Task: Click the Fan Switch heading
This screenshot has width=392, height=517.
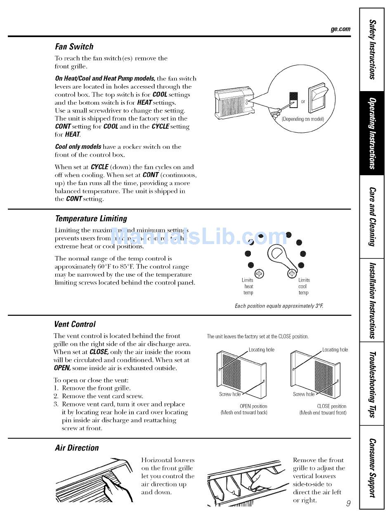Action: pos(74,47)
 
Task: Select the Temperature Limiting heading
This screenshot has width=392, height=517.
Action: pos(91,219)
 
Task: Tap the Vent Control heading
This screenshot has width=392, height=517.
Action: pos(75,324)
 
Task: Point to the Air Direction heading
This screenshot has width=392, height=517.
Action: pos(77,448)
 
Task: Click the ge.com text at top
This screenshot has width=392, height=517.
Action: pos(340,29)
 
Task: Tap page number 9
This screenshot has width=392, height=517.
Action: pos(348,503)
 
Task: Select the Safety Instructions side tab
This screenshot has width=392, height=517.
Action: pos(372,49)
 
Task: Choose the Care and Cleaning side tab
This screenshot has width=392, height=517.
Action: pos(372,216)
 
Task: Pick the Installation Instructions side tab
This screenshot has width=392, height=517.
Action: pos(372,300)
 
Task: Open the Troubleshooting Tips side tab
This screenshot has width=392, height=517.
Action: pos(372,384)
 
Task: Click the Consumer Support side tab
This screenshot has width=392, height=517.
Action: pos(372,468)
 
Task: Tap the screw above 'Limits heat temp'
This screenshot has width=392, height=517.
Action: pos(259,273)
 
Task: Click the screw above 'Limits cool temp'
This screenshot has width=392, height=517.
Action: pos(292,273)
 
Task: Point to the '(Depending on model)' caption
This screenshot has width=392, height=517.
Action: pos(303,119)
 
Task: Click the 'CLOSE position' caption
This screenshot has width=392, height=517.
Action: pos(331,406)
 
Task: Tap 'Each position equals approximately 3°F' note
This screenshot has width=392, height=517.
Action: pos(279,306)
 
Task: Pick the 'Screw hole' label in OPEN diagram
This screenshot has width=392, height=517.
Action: pos(230,394)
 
